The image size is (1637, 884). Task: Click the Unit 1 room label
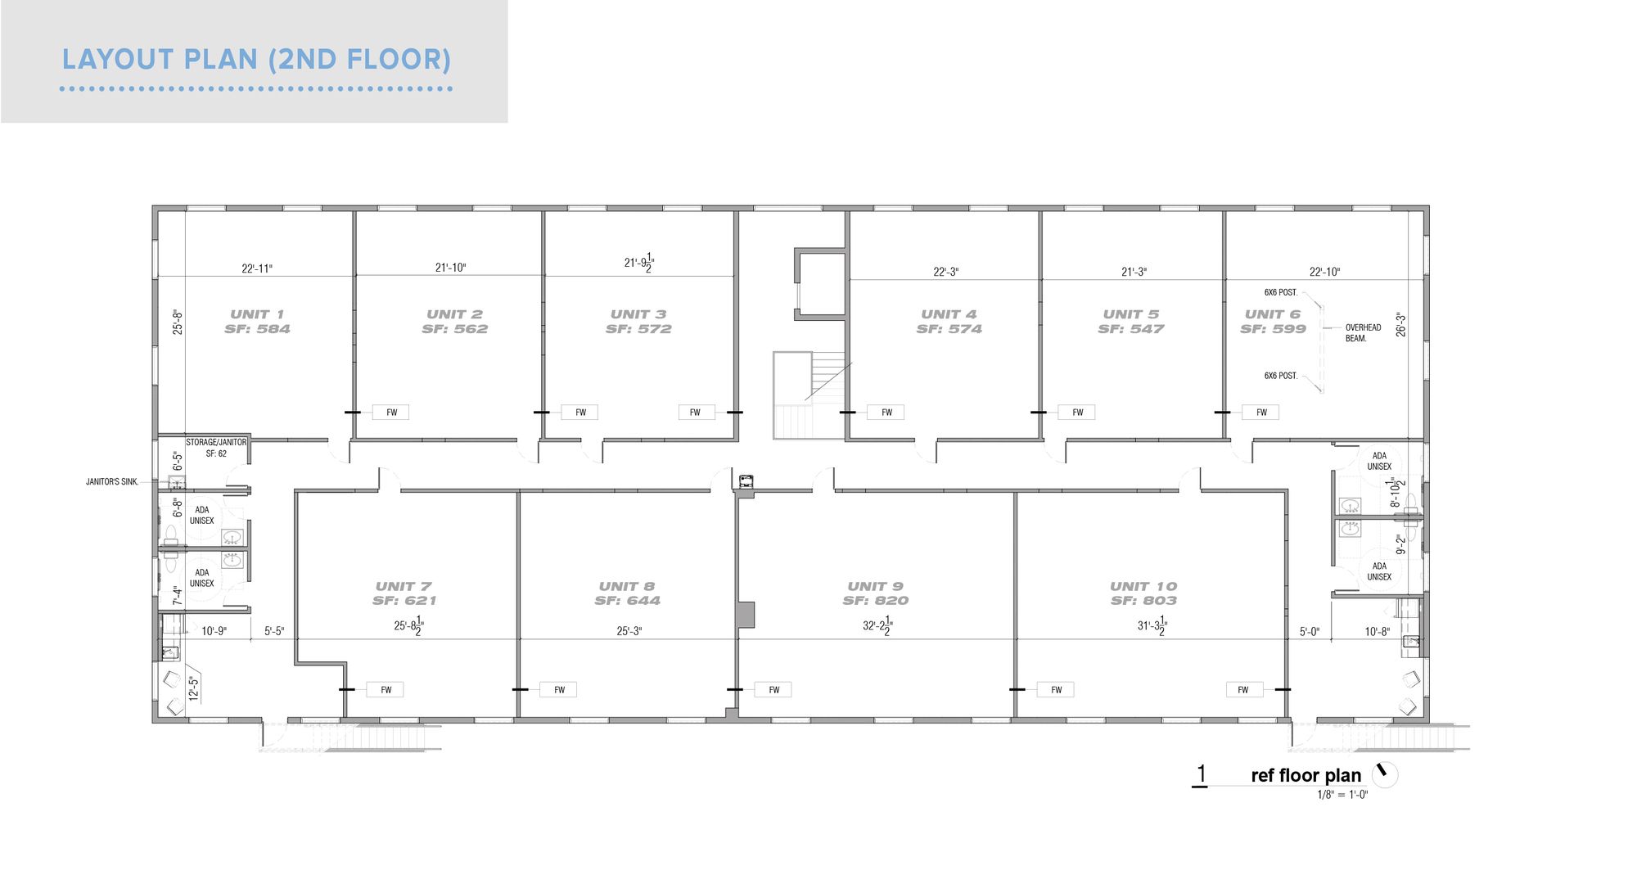click(257, 314)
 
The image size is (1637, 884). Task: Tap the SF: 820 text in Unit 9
click(876, 601)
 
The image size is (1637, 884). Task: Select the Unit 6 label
click(1273, 314)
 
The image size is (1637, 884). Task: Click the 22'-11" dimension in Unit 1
click(257, 268)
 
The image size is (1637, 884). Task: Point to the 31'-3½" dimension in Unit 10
click(1152, 628)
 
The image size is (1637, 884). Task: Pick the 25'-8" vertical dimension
click(178, 322)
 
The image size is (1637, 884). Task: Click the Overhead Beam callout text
click(1363, 333)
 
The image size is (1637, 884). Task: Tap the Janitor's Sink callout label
click(112, 482)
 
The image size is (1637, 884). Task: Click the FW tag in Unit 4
click(886, 413)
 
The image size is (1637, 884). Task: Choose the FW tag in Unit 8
click(559, 690)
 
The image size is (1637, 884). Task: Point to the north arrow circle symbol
click(1385, 774)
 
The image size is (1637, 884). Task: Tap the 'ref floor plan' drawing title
click(1306, 775)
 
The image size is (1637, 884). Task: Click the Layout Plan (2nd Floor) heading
click(257, 60)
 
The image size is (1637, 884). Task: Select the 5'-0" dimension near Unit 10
click(1310, 632)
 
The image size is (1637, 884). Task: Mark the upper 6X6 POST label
click(1281, 292)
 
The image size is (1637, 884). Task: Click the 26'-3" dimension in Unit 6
click(1401, 324)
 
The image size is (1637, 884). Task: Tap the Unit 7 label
click(404, 586)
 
